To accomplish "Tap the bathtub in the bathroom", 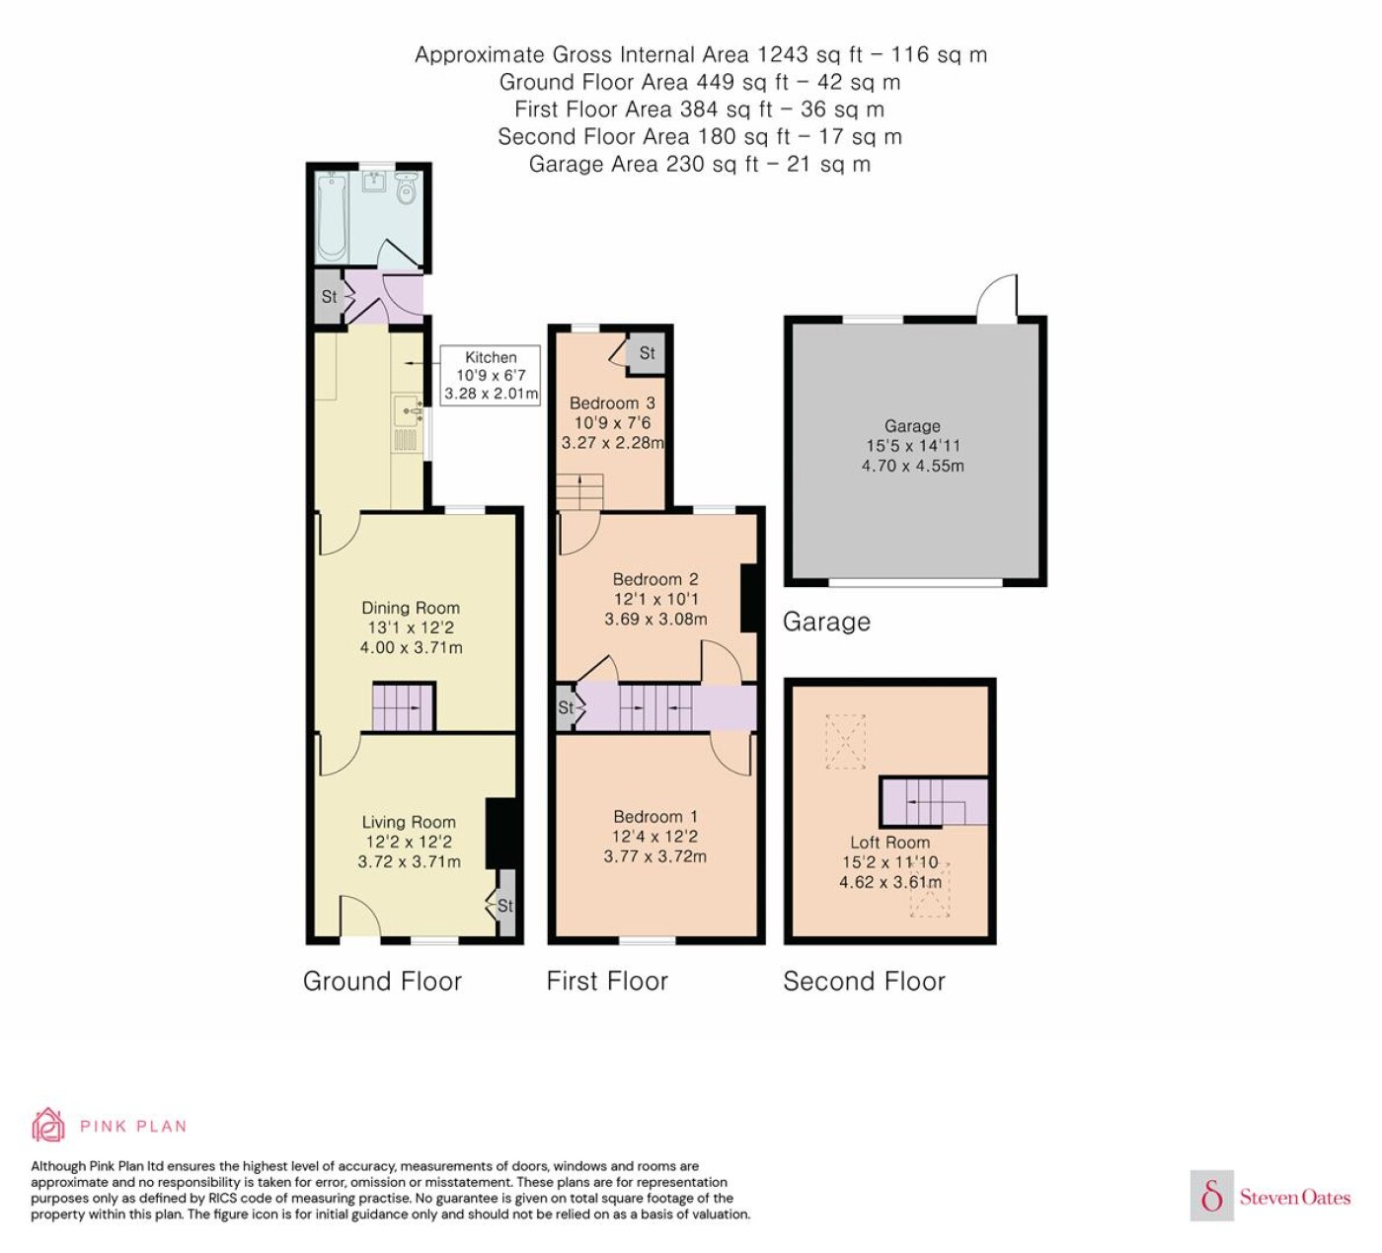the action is [332, 217].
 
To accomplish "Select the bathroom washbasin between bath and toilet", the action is [374, 182].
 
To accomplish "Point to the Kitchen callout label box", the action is [490, 375].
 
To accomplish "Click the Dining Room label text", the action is [411, 608].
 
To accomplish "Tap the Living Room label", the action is [410, 822].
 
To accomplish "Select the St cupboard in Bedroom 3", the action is [647, 353].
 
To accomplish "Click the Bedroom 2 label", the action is [655, 579].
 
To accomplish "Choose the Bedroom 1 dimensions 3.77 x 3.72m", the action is [655, 856].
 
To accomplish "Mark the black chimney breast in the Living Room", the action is [500, 833].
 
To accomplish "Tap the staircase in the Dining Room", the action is [404, 706].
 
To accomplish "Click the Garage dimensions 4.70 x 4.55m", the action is [913, 466].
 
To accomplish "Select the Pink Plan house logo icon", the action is [48, 1125].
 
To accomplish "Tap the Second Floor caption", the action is [864, 981].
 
